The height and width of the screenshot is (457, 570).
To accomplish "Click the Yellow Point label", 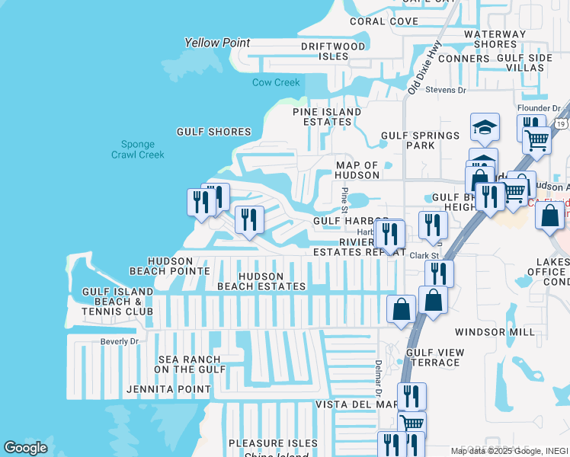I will [217, 43].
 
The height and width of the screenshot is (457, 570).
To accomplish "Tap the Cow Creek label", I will [277, 82].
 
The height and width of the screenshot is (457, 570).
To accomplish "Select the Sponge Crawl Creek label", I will [138, 149].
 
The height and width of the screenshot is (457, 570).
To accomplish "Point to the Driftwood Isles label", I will [333, 51].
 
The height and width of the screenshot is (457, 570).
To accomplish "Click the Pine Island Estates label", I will [328, 117].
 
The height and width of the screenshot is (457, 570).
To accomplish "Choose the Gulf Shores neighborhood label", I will [214, 132].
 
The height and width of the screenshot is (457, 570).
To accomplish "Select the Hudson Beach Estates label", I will [261, 282].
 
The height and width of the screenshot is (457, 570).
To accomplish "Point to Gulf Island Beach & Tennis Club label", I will [117, 301].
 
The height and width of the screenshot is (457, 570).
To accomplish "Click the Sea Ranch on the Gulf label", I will [190, 364].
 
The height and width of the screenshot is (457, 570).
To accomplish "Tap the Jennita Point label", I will [168, 389].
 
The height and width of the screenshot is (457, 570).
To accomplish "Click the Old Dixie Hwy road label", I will [424, 68].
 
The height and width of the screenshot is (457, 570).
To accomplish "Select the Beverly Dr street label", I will [120, 341].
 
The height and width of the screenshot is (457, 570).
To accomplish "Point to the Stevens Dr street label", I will [446, 90].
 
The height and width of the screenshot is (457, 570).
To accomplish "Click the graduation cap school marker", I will [485, 127].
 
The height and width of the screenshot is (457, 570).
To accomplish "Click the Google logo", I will [26, 448].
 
